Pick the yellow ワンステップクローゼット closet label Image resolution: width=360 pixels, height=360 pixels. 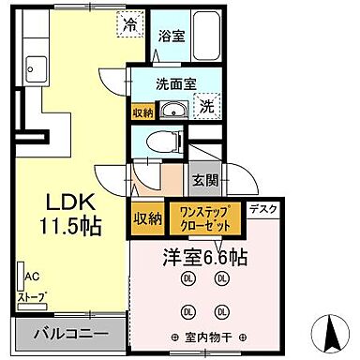pos(204,218)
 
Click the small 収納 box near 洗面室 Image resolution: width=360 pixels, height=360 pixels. pos(142,110)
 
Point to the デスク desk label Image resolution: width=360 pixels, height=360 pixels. pos(263,211)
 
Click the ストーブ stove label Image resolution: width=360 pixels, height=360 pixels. pos(32,298)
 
